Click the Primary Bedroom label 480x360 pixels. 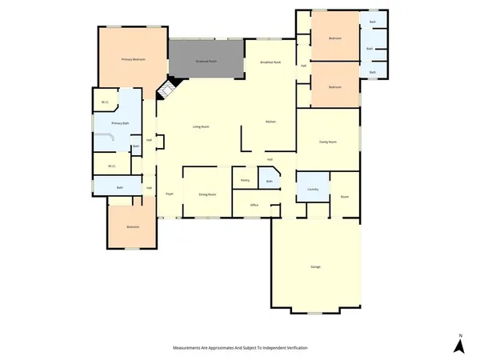coord(132,59)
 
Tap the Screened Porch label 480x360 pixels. coord(207,62)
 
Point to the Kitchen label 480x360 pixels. coord(270,122)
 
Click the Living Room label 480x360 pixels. coord(201,126)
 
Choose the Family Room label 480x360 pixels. coord(328,142)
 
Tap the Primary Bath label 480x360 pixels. coord(120,123)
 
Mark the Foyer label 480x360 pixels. coord(170,194)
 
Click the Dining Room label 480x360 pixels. coord(207,194)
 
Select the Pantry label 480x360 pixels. coord(246,180)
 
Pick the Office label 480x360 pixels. coord(254,205)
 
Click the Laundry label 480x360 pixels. coord(313,189)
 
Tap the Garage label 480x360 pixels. coord(316,266)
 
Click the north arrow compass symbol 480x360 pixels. coord(459,345)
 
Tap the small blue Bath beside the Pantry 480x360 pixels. coord(270,180)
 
